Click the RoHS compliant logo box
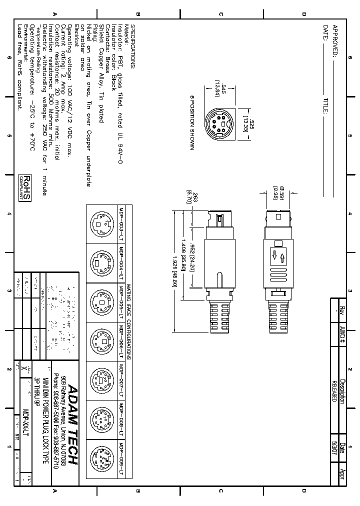tap(25, 187)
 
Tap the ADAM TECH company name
tap(72, 424)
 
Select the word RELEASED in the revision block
tap(334, 389)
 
